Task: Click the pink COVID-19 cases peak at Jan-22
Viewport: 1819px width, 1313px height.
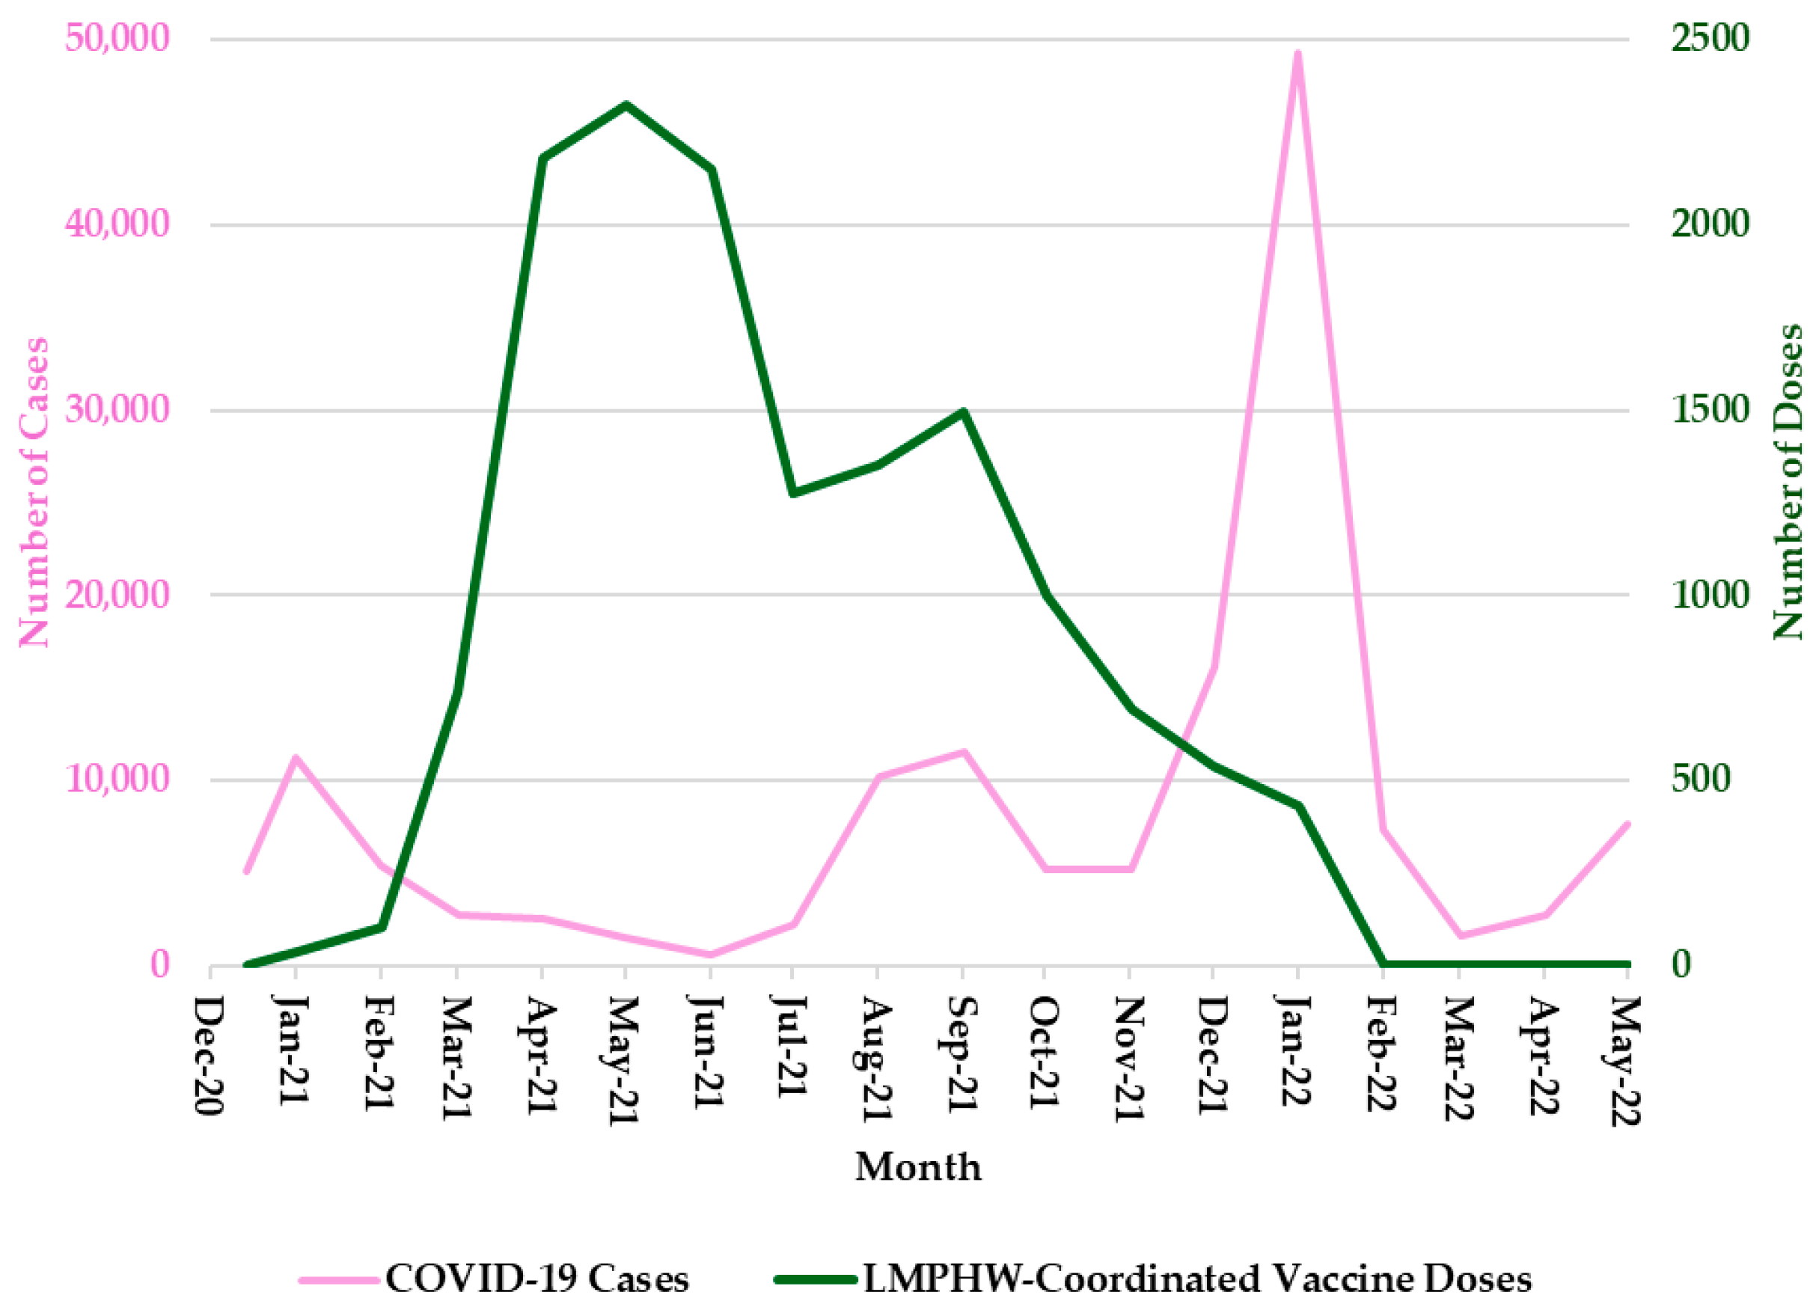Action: tap(1297, 54)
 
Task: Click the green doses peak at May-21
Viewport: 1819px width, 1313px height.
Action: tap(626, 105)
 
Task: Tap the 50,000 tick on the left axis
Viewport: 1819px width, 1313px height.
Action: tap(118, 38)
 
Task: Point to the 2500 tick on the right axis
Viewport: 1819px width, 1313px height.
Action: tap(1709, 38)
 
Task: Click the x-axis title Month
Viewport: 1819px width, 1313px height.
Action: tap(917, 1166)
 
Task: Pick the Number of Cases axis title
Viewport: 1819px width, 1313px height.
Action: tap(34, 492)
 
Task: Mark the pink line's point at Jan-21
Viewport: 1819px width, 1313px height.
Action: tap(295, 757)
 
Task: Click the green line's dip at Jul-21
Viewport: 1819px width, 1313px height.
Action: tap(793, 492)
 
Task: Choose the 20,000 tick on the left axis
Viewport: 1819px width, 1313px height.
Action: tap(118, 594)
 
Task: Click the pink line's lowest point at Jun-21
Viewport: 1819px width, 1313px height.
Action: tap(710, 955)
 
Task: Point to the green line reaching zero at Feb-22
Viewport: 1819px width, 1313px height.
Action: tap(1383, 964)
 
